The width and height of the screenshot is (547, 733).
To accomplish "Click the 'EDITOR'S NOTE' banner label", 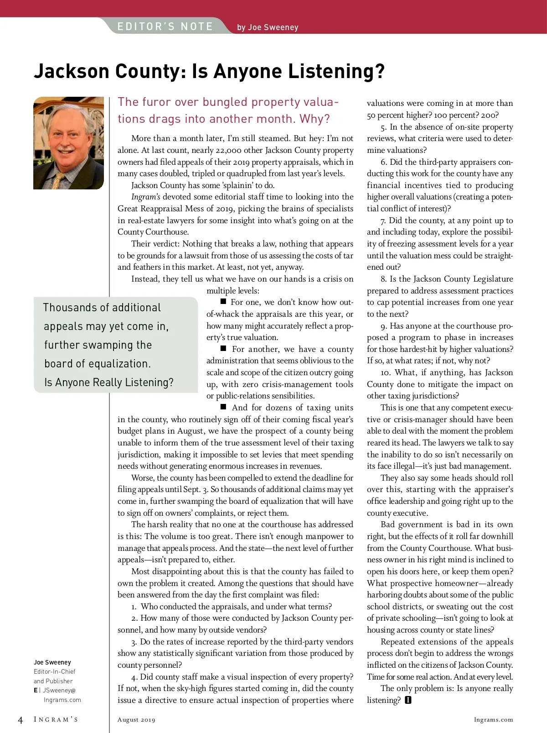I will point(165,26).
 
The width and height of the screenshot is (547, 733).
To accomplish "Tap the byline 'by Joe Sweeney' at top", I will point(268,27).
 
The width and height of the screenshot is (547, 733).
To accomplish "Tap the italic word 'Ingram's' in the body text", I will point(145,197).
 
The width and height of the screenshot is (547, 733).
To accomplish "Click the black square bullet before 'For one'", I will point(223,302).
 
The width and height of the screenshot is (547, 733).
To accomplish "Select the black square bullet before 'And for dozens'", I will point(223,407).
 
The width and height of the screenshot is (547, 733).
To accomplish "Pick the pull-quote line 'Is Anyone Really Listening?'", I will point(109,382).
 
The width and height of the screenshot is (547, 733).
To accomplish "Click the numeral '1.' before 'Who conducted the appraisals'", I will point(134,607).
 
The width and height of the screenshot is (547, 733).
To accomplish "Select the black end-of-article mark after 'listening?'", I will point(408,700).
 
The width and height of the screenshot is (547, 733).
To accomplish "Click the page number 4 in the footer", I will point(20,720).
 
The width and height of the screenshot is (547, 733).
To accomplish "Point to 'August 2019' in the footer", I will point(136,720).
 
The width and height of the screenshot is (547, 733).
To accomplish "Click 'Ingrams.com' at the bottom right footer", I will point(493,720).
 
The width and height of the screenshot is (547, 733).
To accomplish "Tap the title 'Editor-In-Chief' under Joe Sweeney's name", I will point(55,671).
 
